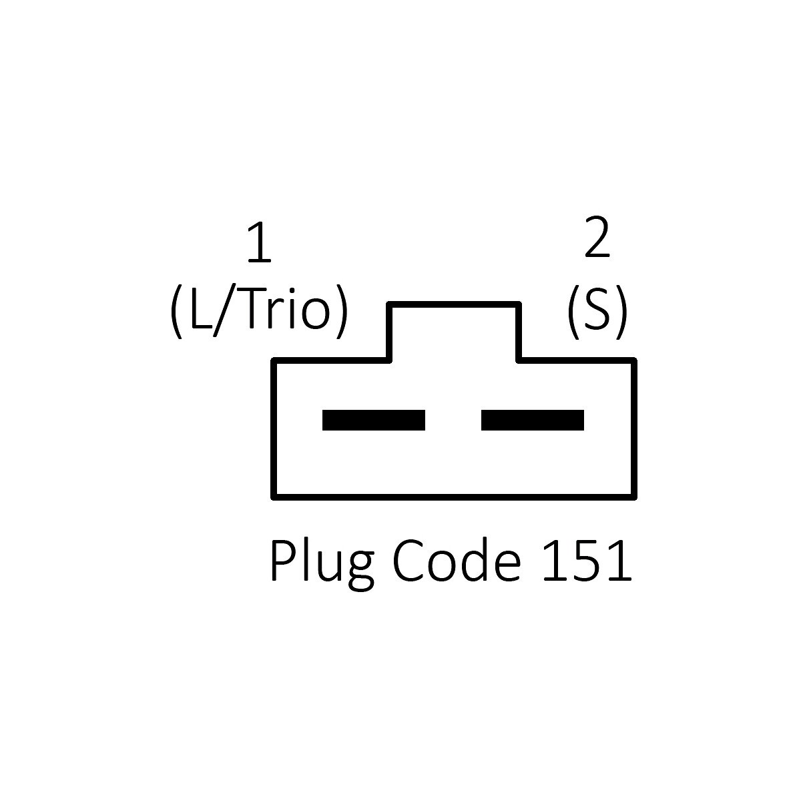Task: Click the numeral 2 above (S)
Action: click(597, 239)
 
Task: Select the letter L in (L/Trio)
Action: click(200, 310)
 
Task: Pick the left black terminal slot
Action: click(374, 420)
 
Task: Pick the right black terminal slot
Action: click(533, 420)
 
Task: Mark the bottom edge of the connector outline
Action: click(454, 497)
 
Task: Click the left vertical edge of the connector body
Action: click(274, 428)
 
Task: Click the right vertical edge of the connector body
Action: click(634, 428)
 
